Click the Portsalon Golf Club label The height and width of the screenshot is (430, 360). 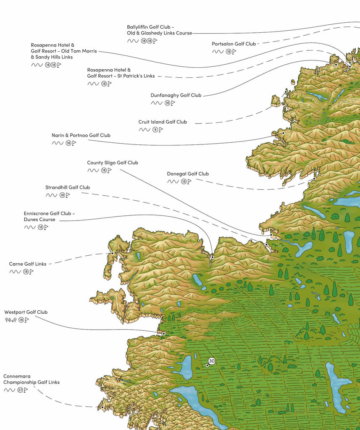pyautogui.click(x=234, y=44)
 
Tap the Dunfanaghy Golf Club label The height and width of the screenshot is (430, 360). pyautogui.click(x=176, y=95)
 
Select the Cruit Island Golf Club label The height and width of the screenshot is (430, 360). pyautogui.click(x=163, y=122)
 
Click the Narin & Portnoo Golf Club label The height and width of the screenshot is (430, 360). pyautogui.click(x=81, y=135)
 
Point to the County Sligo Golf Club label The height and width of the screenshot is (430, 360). pyautogui.click(x=113, y=163)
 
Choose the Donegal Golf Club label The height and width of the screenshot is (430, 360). pyautogui.click(x=188, y=173)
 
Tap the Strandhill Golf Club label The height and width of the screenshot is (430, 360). pyautogui.click(x=68, y=187)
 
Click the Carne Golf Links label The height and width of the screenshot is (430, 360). pyautogui.click(x=28, y=264)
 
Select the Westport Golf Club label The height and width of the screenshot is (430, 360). pyautogui.click(x=26, y=312)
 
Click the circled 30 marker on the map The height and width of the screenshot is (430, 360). pyautogui.click(x=212, y=361)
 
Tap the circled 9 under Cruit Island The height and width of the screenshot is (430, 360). pyautogui.click(x=155, y=130)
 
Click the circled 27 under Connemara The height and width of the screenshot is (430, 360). pyautogui.click(x=20, y=390)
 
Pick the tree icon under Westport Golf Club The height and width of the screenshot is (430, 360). pyautogui.click(x=11, y=320)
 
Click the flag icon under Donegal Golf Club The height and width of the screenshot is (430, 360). pyautogui.click(x=189, y=181)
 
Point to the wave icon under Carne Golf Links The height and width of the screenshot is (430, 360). pyautogui.click(x=15, y=272)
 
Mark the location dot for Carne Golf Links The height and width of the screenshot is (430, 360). pyautogui.click(x=113, y=253)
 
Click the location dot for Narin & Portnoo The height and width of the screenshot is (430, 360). pyautogui.click(x=283, y=133)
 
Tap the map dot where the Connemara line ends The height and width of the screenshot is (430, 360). pyautogui.click(x=102, y=407)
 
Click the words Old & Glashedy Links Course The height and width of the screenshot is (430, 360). pyautogui.click(x=160, y=33)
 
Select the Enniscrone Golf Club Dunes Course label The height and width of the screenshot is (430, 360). pyautogui.click(x=49, y=216)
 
